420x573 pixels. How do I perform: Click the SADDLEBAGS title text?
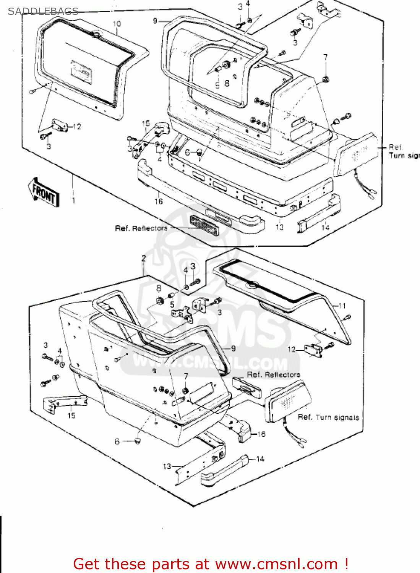(x=43, y=11)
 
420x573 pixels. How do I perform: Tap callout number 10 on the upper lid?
(x=117, y=24)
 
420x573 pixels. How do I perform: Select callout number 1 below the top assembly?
(x=74, y=200)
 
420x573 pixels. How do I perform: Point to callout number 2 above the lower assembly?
(x=143, y=258)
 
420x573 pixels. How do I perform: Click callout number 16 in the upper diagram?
(x=159, y=201)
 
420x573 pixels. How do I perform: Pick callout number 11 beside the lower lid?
(x=342, y=306)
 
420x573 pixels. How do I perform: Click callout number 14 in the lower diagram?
(x=260, y=459)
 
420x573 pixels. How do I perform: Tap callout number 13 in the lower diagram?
(x=167, y=466)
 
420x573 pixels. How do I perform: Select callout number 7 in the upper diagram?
(x=325, y=57)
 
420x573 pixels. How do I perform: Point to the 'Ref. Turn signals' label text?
(x=328, y=418)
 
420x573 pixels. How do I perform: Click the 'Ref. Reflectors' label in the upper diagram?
(x=141, y=228)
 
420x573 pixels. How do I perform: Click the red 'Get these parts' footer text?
(x=211, y=564)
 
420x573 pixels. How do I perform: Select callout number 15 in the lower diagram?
(x=71, y=416)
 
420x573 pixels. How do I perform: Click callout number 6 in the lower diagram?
(x=117, y=442)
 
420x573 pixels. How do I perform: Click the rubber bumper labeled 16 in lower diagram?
(x=245, y=432)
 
